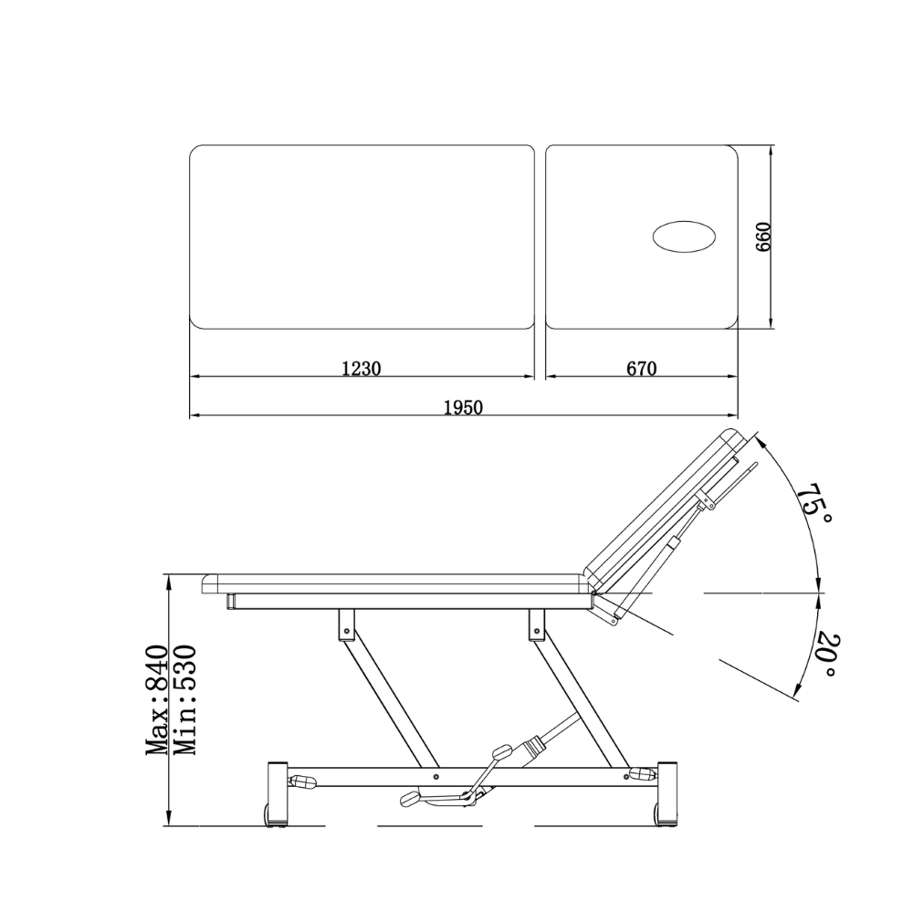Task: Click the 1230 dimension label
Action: pyautogui.click(x=361, y=369)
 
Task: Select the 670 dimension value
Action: pyautogui.click(x=642, y=369)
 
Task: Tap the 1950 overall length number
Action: pyautogui.click(x=464, y=407)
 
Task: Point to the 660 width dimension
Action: pyautogui.click(x=763, y=237)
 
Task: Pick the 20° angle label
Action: pyautogui.click(x=825, y=655)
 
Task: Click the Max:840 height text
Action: pyautogui.click(x=156, y=699)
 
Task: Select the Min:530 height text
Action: pyautogui.click(x=184, y=699)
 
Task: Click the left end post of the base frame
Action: pyautogui.click(x=277, y=792)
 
